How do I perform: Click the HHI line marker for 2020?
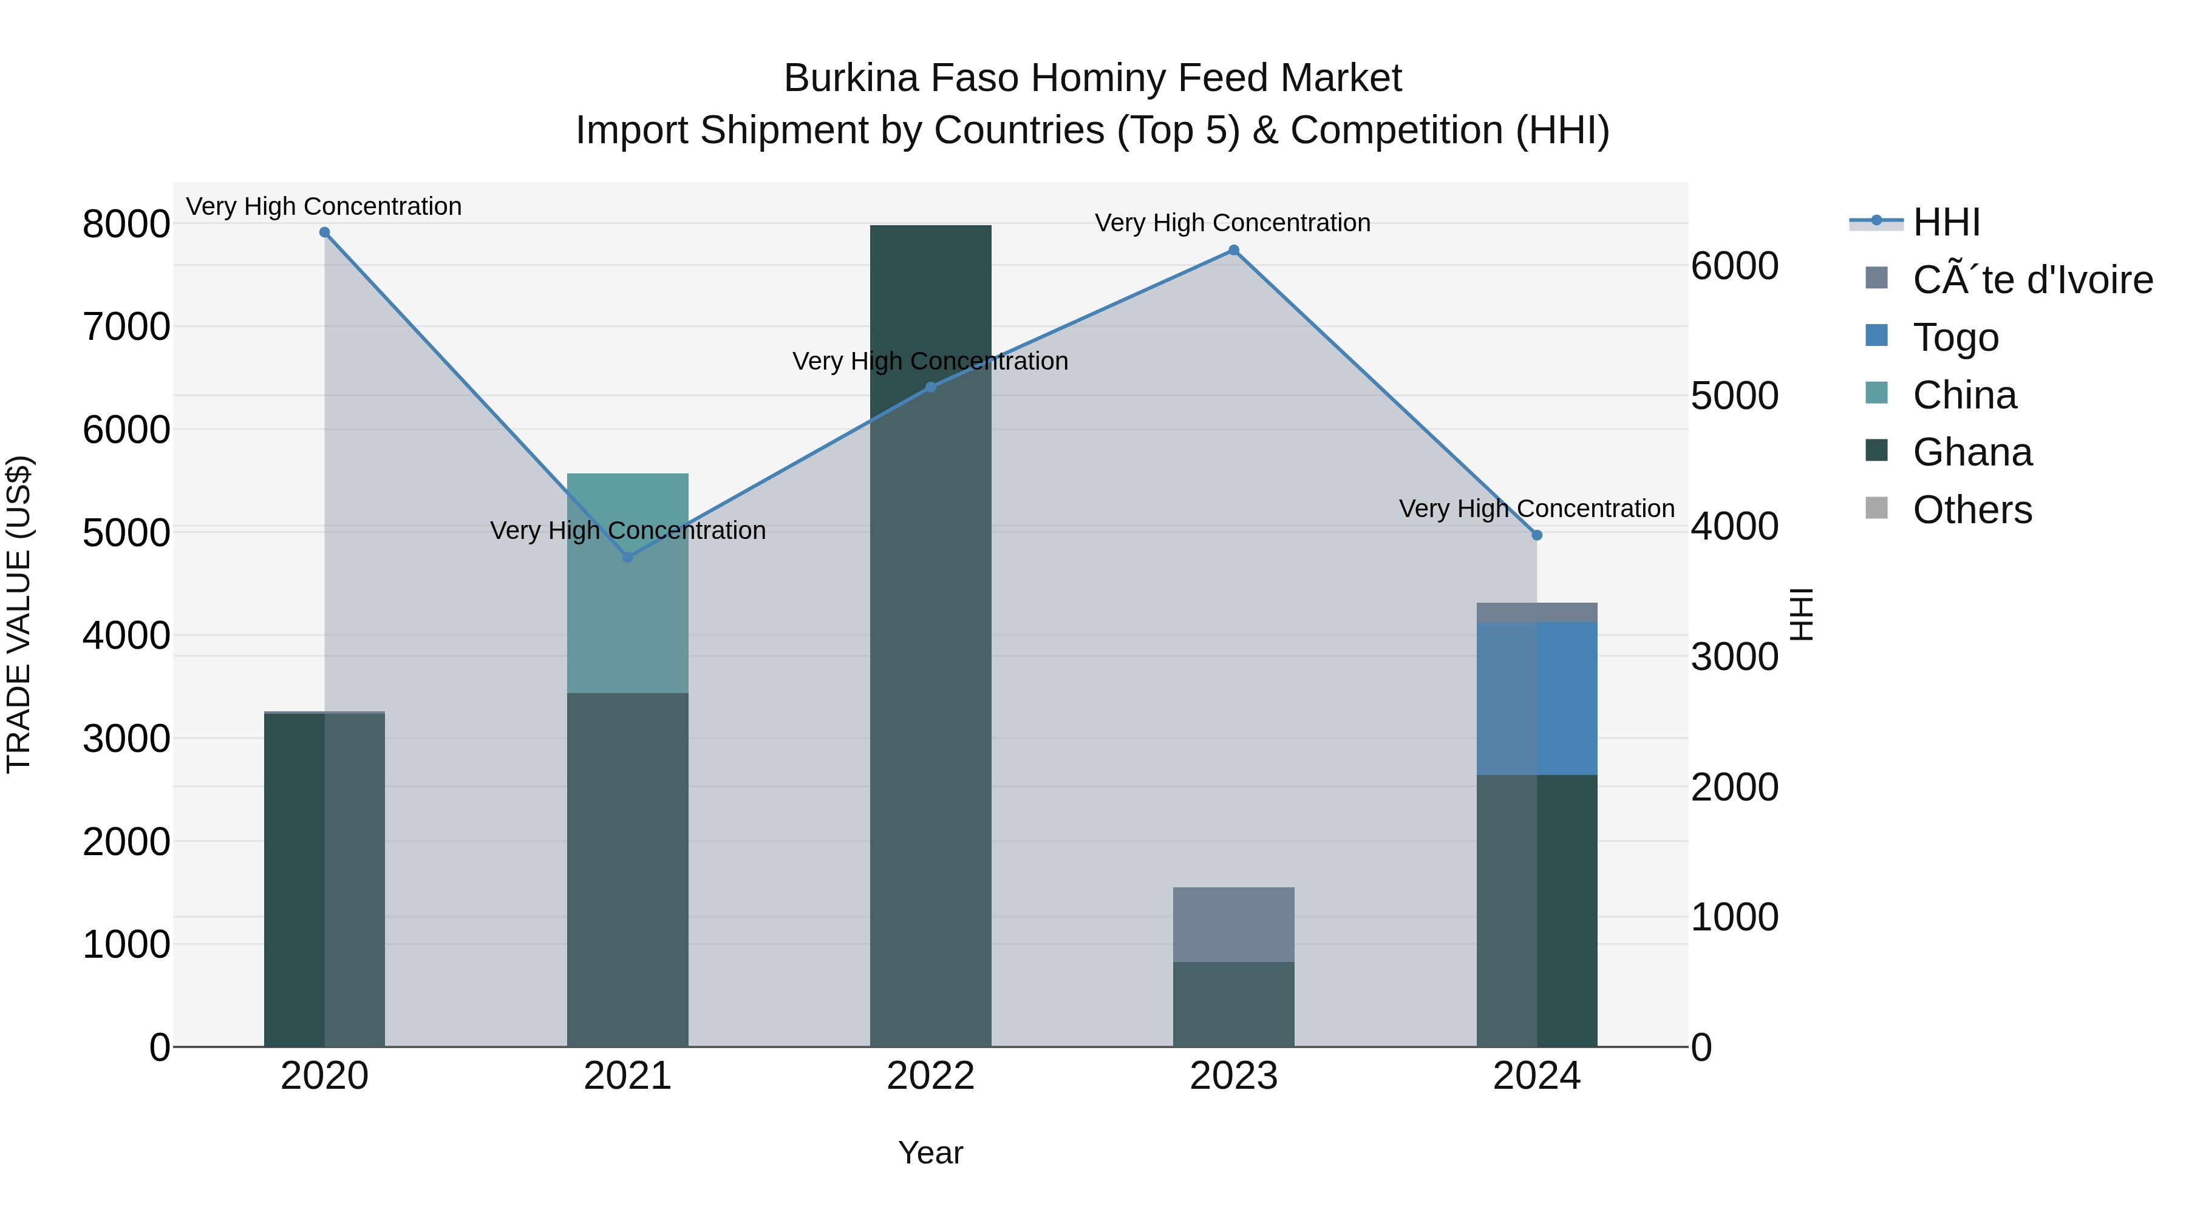click(324, 232)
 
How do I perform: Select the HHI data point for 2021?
click(628, 557)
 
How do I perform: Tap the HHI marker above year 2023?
click(1234, 250)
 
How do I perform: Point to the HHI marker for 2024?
click(1537, 535)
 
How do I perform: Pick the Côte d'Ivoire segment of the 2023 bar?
click(1234, 924)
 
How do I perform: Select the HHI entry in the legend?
click(1947, 222)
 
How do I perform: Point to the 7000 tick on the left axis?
click(126, 327)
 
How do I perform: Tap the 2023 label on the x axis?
click(1234, 1076)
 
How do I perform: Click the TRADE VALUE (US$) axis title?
click(19, 614)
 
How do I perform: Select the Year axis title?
click(931, 1153)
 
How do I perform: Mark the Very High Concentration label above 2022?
click(930, 361)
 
